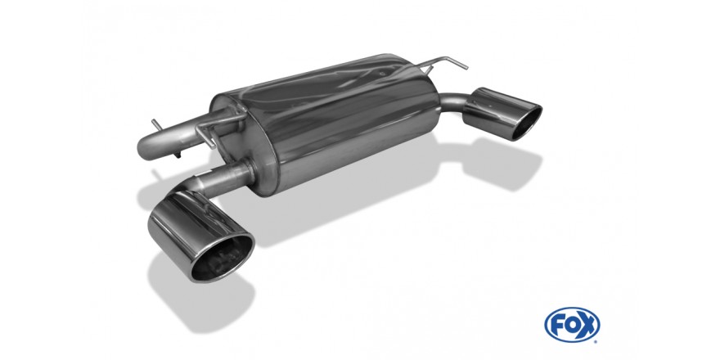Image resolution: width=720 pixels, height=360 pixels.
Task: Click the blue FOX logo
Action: (x=572, y=325)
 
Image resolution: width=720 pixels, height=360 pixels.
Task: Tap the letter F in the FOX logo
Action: (x=556, y=325)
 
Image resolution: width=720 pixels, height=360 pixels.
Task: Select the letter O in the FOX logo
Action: (x=572, y=325)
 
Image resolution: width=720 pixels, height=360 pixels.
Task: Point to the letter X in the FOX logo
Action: (x=588, y=325)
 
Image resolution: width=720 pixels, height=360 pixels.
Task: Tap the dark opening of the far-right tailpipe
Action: (x=526, y=123)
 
